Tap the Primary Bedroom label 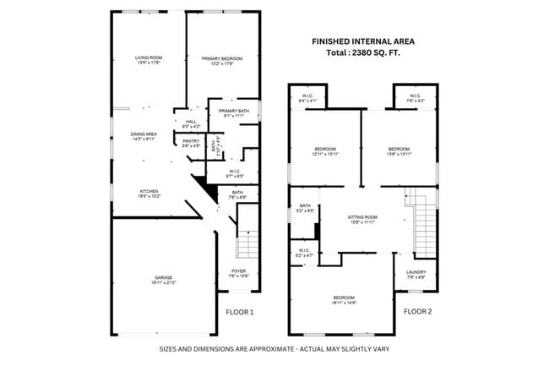point(222,58)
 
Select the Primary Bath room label point(233,112)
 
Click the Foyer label point(238,271)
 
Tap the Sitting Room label point(362,217)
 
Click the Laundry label point(416,272)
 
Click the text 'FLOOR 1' point(240,312)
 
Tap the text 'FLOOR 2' point(417,312)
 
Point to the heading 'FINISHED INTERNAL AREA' point(363,41)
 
